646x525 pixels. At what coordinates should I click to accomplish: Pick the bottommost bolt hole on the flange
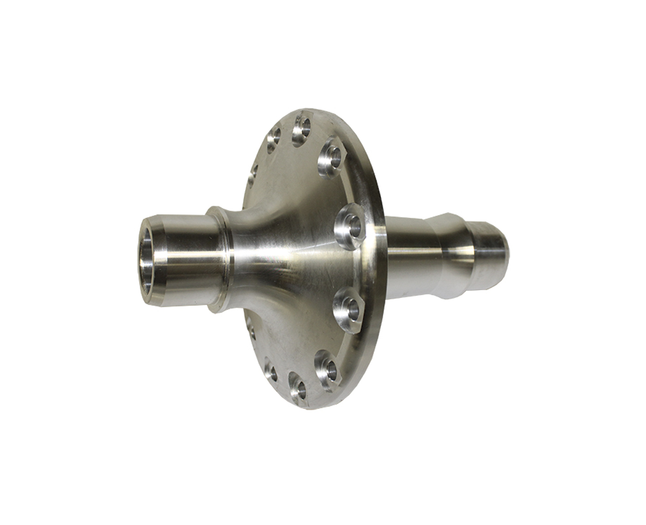(299, 389)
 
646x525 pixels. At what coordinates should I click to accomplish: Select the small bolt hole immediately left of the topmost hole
(276, 137)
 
